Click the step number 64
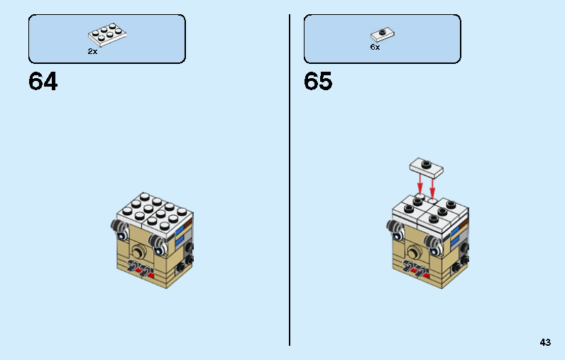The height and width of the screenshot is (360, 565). point(43,81)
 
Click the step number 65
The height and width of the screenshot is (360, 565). point(318,81)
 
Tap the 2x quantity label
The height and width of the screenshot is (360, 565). point(92,52)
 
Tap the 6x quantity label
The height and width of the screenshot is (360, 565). point(375,47)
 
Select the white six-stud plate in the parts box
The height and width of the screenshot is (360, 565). point(107,35)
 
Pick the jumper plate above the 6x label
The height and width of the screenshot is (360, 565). point(383,35)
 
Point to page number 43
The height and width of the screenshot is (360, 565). point(545,342)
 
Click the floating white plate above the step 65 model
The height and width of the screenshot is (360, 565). point(427,168)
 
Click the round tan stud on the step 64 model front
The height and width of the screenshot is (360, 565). point(138,251)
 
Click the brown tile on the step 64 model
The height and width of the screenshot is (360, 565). point(188,225)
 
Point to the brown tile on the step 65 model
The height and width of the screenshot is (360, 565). point(463,225)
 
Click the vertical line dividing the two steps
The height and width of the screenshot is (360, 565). point(290,180)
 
